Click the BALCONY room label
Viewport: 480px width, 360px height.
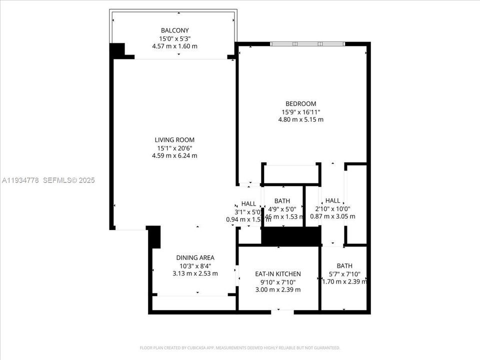174,30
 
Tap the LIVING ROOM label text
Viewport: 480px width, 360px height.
174,140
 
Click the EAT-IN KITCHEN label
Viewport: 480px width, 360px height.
277,274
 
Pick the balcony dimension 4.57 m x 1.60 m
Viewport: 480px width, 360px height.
174,46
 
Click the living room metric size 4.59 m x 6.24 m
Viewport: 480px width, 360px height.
174,155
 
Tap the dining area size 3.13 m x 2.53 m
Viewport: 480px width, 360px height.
195,273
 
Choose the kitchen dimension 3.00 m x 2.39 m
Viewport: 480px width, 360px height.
277,290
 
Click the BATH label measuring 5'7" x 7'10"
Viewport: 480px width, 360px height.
344,266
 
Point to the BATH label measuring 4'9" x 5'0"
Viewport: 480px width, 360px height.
281,201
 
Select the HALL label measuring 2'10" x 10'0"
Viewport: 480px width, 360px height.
332,201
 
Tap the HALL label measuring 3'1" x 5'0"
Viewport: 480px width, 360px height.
248,204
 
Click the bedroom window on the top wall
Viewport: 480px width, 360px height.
307,44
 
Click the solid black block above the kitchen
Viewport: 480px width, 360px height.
290,236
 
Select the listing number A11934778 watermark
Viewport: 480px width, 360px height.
20,180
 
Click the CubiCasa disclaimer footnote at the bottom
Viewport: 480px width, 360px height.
240,347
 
